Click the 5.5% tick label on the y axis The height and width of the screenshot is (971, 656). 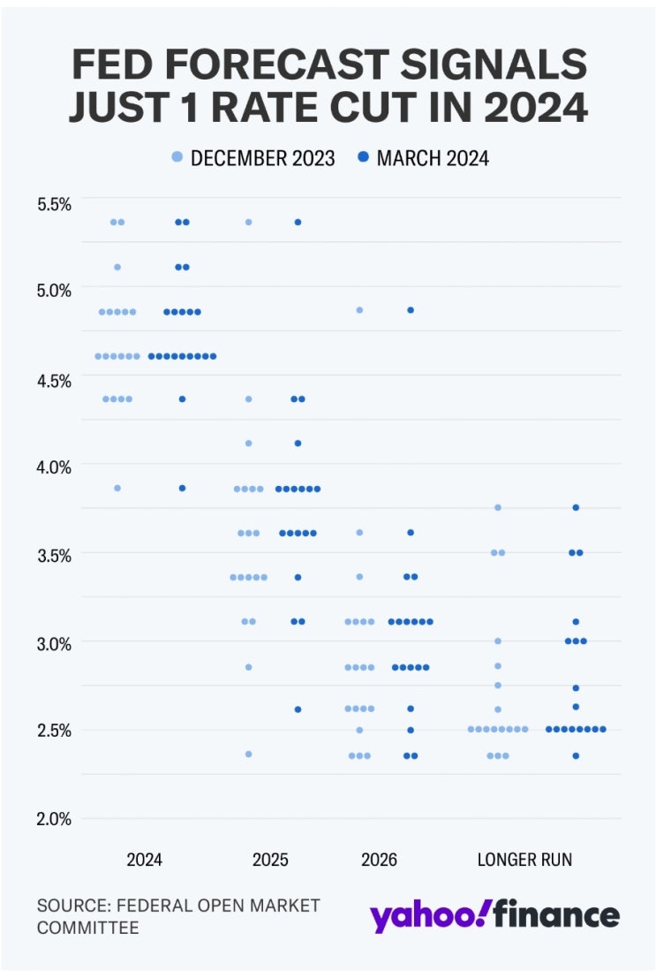click(54, 204)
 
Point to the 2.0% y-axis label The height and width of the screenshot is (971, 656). click(54, 818)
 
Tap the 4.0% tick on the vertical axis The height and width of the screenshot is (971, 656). click(54, 466)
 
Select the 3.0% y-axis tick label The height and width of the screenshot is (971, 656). click(54, 642)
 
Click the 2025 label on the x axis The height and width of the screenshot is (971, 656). click(270, 859)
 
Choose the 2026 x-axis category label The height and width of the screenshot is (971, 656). click(380, 859)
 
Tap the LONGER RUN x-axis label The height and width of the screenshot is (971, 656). click(524, 859)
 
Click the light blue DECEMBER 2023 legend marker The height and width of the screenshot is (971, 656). click(177, 158)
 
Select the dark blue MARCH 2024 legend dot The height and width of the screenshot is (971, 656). click(363, 158)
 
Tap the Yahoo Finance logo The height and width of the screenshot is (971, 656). click(494, 915)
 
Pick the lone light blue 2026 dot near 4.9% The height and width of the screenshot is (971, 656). click(359, 310)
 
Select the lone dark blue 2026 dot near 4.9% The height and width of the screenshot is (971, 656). click(411, 310)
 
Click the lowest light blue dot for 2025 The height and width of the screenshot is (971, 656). click(249, 754)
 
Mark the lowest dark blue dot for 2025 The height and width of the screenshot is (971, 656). click(298, 709)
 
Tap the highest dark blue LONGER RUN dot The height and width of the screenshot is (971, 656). click(576, 507)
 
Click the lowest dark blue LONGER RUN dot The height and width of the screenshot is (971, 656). click(576, 755)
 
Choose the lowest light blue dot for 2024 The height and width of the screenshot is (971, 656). click(117, 488)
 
